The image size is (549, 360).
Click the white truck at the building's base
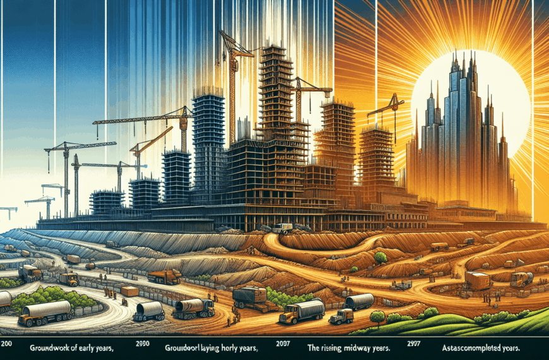point(282,229)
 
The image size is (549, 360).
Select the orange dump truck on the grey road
point(165,277)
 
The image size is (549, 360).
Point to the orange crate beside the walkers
point(131,291)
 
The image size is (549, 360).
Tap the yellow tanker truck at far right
point(521,279)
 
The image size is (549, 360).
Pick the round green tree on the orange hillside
point(381,257)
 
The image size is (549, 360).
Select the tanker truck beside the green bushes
point(44,313)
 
